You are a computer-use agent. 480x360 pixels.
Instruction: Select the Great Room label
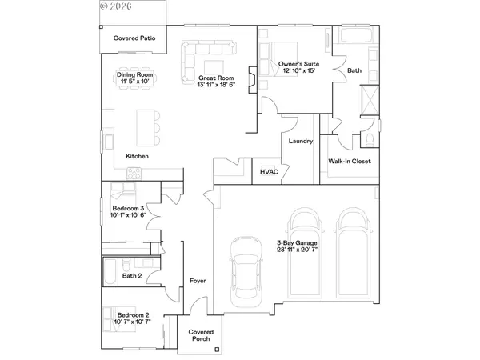pos(214,78)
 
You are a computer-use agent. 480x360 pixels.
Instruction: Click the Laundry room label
pos(299,142)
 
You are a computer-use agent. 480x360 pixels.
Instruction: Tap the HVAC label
pos(269,171)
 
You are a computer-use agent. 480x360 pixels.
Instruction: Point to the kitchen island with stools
pos(149,125)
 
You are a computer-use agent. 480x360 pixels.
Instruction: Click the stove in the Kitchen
pos(135,172)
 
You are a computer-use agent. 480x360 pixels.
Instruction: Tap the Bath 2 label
pos(132,276)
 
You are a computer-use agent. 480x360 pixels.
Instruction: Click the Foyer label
pos(198,281)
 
